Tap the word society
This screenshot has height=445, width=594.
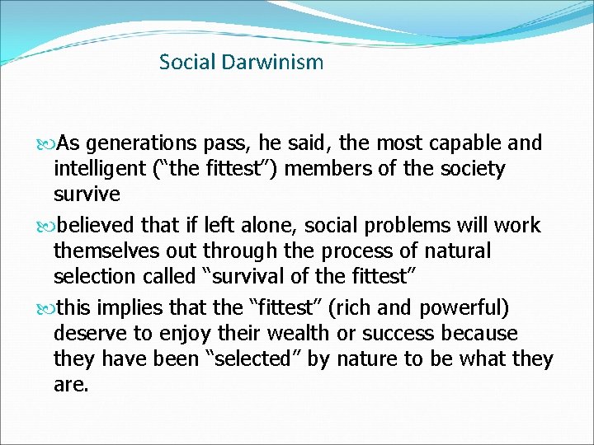(465, 169)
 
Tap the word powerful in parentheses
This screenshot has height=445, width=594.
(464, 308)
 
